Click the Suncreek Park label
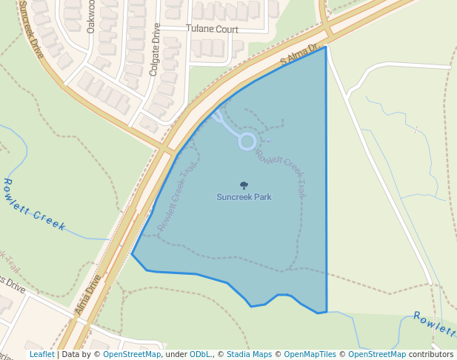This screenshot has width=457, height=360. (244, 197)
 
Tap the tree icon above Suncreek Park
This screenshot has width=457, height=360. (244, 185)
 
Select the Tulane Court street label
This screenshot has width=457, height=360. (212, 29)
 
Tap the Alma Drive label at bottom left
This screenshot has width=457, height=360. (87, 296)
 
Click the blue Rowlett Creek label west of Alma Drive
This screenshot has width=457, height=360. (35, 204)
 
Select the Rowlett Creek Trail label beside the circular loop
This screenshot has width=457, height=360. (281, 171)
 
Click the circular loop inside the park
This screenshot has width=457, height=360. (247, 141)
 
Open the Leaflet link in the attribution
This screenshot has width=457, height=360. (41, 355)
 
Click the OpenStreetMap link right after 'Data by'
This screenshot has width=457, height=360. (132, 355)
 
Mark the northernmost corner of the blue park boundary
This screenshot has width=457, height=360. (325, 47)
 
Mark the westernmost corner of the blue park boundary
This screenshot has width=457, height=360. (132, 254)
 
